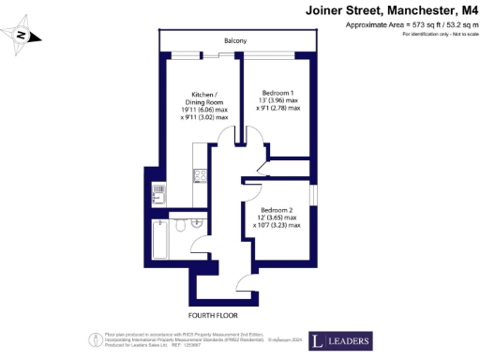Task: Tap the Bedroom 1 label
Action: pyautogui.click(x=278, y=93)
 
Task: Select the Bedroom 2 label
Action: pyautogui.click(x=278, y=209)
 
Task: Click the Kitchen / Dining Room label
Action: pyautogui.click(x=204, y=97)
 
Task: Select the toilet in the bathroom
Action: pyautogui.click(x=179, y=225)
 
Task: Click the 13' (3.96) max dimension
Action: pyautogui.click(x=279, y=100)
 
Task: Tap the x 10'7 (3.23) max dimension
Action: pyautogui.click(x=277, y=225)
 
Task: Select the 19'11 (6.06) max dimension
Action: pyautogui.click(x=204, y=111)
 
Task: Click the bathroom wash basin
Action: pyautogui.click(x=197, y=222)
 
